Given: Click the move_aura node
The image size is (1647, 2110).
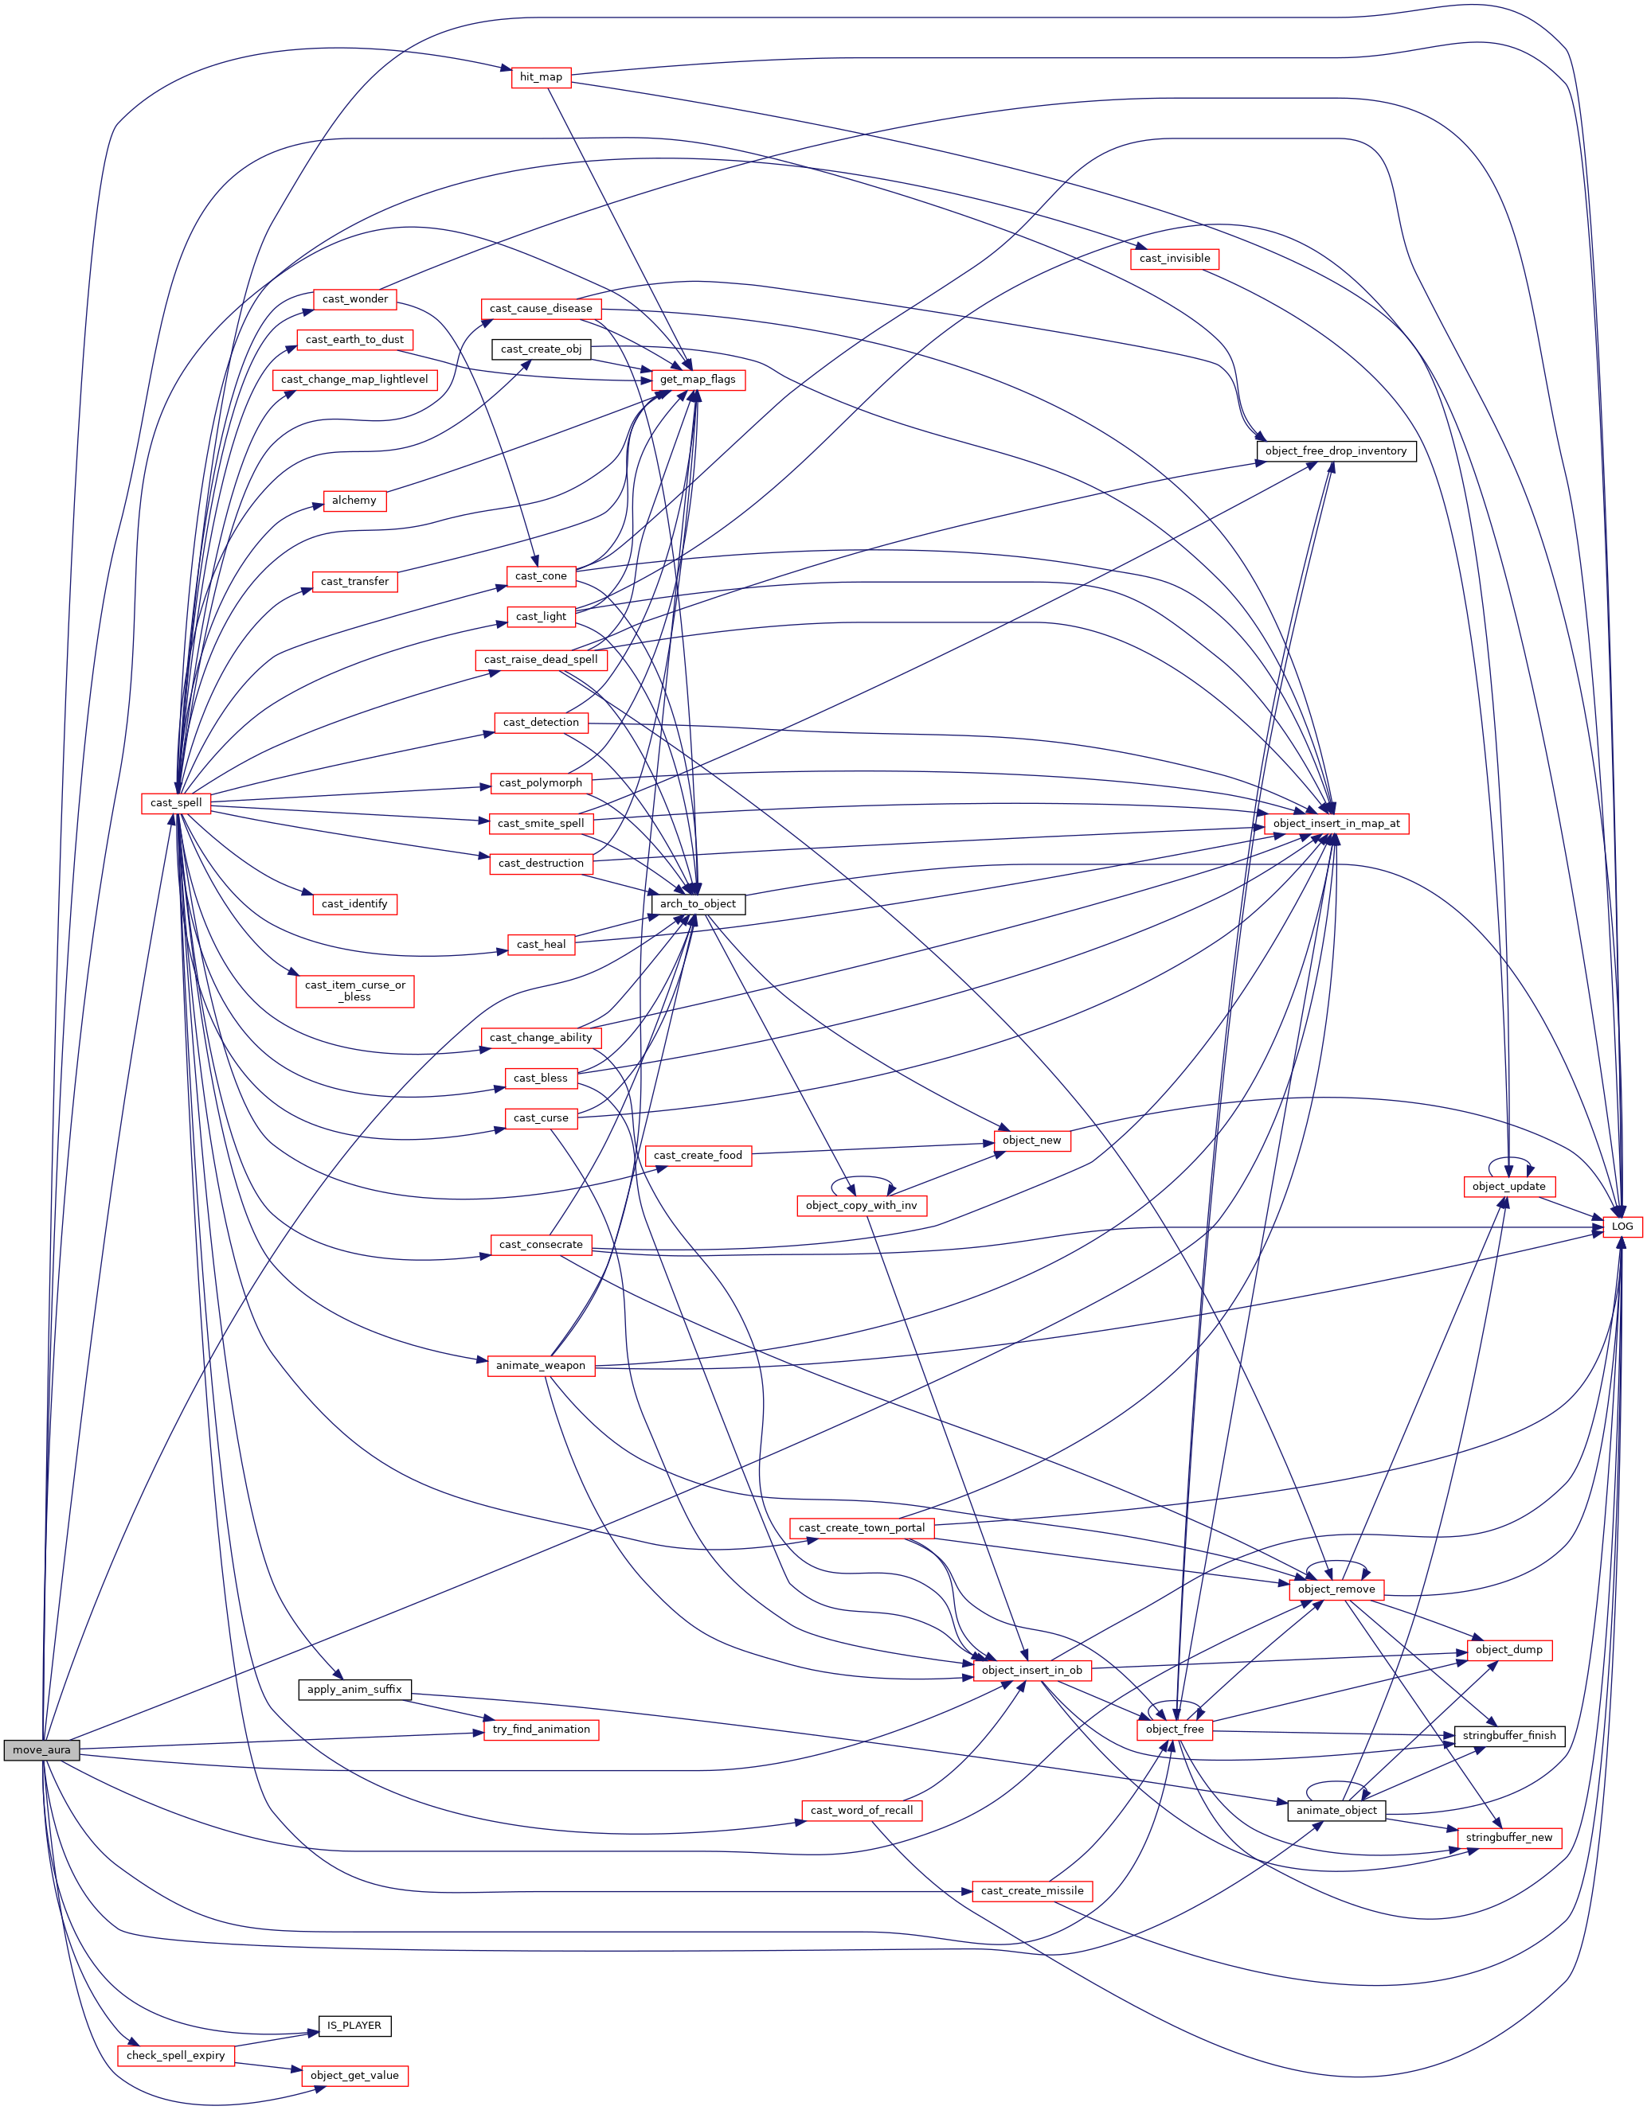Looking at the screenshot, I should (41, 1749).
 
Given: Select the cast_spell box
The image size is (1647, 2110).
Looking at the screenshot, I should (176, 803).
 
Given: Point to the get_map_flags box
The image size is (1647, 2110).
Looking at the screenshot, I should (697, 380).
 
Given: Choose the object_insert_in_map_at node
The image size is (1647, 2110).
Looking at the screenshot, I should (1336, 823).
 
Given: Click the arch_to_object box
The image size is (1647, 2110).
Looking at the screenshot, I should (697, 904).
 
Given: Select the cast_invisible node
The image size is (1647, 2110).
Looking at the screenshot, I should (1175, 259).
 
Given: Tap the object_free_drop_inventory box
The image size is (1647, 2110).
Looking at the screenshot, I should (1336, 451).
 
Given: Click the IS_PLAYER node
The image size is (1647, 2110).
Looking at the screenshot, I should (354, 2025).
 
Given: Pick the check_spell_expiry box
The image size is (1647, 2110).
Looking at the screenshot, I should (175, 2055).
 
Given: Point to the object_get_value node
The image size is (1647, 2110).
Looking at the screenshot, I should (354, 2075).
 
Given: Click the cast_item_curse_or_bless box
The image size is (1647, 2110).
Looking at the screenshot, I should (354, 991).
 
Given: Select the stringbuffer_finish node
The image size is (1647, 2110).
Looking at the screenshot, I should (1508, 1735).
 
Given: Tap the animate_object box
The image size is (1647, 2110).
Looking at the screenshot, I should (1336, 1811).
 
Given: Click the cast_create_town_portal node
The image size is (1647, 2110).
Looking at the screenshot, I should (861, 1527).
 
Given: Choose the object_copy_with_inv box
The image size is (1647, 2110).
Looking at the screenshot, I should (861, 1206).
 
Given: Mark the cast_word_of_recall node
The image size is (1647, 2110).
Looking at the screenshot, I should (861, 1811).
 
